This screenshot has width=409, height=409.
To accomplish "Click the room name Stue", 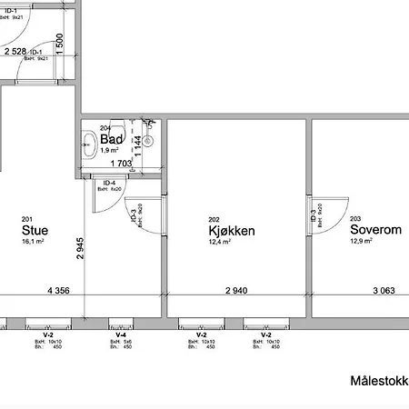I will click(x=35, y=231).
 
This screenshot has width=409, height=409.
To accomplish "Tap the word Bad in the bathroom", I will click(x=112, y=140).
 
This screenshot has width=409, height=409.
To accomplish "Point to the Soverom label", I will click(x=375, y=231).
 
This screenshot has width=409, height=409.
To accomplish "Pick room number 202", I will click(x=214, y=219).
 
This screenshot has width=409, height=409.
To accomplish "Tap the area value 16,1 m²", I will click(x=34, y=243).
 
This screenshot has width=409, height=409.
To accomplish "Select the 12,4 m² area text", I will click(x=219, y=243).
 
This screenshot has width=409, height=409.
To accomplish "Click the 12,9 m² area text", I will click(x=361, y=243).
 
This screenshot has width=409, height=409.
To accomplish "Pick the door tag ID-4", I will click(x=105, y=183).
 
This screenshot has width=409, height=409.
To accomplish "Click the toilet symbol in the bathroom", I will click(x=88, y=144).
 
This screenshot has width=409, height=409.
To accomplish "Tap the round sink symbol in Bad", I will click(x=148, y=141).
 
